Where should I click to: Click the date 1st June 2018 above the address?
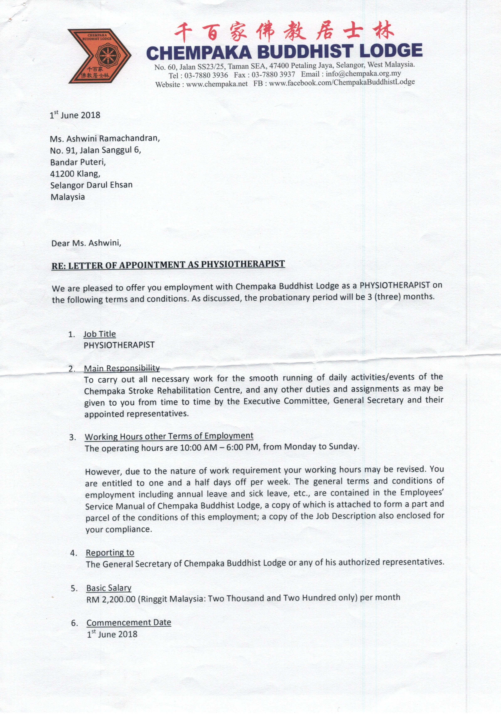click(75, 115)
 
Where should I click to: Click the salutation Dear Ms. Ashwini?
click(86, 243)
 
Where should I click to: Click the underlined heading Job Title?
click(100, 334)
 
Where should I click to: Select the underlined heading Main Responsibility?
click(122, 368)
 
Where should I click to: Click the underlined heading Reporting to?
click(110, 553)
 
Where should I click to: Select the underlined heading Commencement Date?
click(129, 622)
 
